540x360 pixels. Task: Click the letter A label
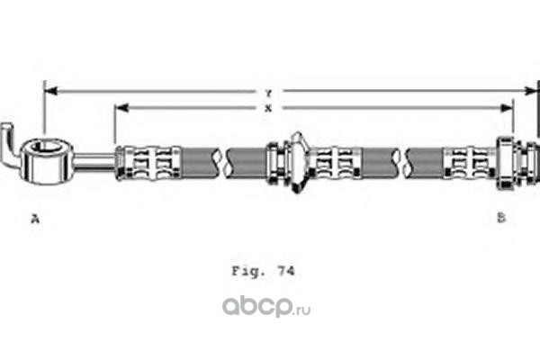(x=35, y=217)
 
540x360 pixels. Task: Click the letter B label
(x=501, y=217)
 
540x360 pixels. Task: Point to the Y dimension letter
(x=267, y=92)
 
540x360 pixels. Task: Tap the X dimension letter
(x=267, y=108)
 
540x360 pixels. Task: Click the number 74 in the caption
(x=288, y=269)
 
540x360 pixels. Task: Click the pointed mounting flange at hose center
(x=298, y=162)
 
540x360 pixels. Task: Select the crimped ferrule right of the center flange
(x=336, y=162)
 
